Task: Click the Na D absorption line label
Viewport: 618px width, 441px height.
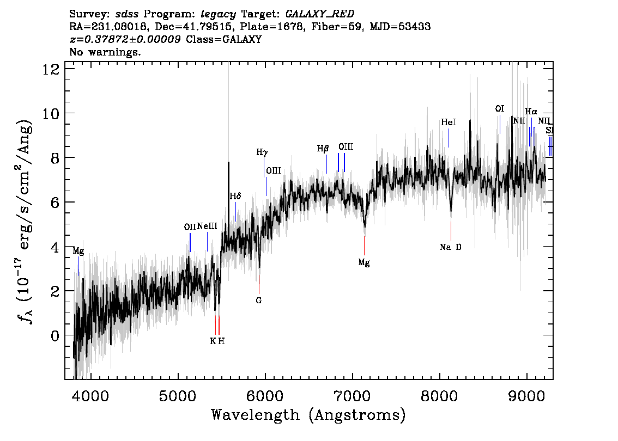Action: point(450,247)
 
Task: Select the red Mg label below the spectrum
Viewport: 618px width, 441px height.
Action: point(363,262)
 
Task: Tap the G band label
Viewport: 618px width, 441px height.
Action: point(259,300)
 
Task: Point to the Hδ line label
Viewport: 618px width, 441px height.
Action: point(235,196)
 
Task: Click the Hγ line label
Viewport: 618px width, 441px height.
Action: point(262,152)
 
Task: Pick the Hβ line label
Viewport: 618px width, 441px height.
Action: point(323,148)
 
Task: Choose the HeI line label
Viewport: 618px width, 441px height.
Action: point(448,123)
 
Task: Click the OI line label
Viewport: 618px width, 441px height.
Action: point(499,109)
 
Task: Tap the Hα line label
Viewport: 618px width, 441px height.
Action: point(531,112)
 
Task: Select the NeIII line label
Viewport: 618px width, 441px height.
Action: point(207,226)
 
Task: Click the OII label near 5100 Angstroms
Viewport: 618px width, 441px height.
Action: point(190,227)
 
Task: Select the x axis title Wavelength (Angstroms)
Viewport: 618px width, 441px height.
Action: point(308,415)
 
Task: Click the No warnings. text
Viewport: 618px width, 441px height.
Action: point(105,52)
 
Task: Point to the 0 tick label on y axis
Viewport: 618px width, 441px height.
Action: point(54,335)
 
